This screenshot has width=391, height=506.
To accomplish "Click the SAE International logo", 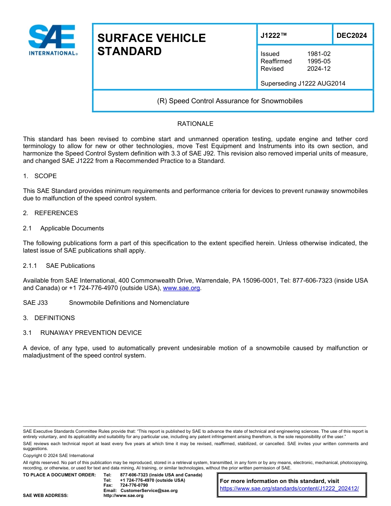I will (x=52, y=40).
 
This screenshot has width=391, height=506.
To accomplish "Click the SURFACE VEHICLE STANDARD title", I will (x=151, y=44).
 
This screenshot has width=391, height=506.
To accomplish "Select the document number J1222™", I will (x=273, y=36).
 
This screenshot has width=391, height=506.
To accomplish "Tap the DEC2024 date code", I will (x=351, y=36).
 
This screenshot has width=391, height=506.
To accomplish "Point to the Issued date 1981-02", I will (x=319, y=54).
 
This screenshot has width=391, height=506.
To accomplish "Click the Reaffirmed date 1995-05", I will (x=319, y=61).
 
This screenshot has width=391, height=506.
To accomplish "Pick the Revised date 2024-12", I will (x=319, y=69).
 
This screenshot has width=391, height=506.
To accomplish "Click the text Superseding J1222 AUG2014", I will (x=303, y=84).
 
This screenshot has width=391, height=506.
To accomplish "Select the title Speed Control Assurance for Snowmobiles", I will (x=230, y=101).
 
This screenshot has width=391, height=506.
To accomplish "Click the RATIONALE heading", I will (x=195, y=124).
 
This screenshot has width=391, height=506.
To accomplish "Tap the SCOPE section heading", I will (x=45, y=176).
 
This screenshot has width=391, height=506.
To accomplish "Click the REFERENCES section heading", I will (x=56, y=213).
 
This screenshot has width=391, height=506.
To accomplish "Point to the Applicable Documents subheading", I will (x=72, y=228).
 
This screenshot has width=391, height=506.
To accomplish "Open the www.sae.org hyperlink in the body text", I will (x=181, y=288).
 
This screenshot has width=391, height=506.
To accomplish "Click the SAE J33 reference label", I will (x=35, y=303).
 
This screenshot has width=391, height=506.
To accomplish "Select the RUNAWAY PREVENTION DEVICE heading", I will (x=91, y=333).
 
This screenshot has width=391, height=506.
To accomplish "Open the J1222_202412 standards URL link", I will (x=289, y=489).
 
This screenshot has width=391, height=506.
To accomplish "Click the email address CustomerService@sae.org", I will (x=149, y=490).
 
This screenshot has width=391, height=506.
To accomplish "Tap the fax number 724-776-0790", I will (x=134, y=485).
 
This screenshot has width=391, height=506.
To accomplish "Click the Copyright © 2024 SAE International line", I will (x=58, y=455).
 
